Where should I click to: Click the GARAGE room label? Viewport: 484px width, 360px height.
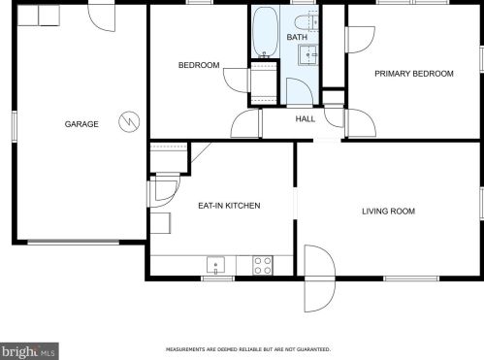pos(81,124)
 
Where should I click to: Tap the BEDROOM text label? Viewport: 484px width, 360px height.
pos(199,65)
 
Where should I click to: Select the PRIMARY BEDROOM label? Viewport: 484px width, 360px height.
pos(414,74)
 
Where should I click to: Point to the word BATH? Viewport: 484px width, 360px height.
pos(297,37)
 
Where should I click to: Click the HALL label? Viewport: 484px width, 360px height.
pos(306,119)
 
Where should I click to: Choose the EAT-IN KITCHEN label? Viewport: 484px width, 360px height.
pos(229,206)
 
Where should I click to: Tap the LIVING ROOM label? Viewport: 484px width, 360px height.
pos(388,212)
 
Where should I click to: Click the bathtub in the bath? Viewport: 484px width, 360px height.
pos(265,32)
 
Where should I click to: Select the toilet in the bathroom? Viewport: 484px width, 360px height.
pos(307,21)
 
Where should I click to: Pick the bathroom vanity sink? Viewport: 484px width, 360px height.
pos(308,55)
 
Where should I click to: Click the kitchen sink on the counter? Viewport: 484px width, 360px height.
pos(215,265)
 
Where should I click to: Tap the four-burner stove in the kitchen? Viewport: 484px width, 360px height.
pos(263,265)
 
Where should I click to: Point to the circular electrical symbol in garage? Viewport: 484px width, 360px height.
pos(129,122)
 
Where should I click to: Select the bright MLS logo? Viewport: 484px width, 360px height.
pos(29,351)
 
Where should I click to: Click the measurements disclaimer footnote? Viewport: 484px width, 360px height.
pos(248,349)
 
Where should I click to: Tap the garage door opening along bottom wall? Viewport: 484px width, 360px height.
pos(74,242)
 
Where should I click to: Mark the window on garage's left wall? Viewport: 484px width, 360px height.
pos(15,126)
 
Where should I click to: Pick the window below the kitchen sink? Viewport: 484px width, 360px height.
pos(217,278)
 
